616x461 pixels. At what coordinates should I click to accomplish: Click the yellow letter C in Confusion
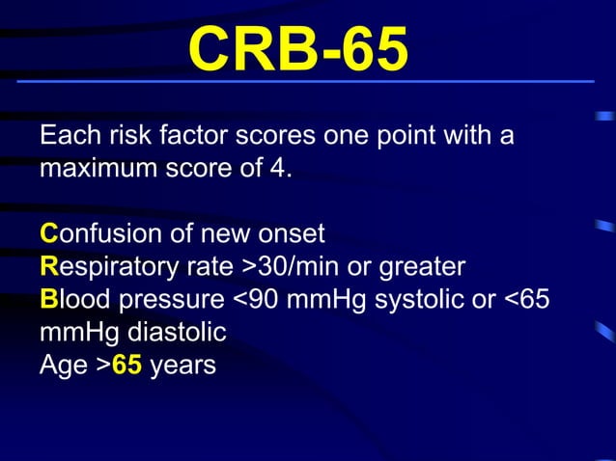pyautogui.click(x=48, y=233)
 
